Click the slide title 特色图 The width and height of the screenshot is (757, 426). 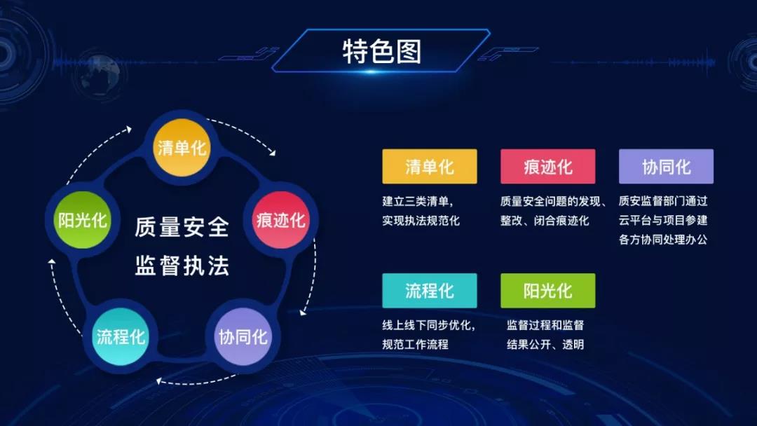(382, 52)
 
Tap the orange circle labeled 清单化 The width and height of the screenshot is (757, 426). (182, 148)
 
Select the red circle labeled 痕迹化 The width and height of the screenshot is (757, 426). (280, 220)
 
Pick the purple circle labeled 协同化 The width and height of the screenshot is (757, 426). (243, 336)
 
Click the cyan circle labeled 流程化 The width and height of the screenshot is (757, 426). (121, 336)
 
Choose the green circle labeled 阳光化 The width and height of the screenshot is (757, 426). (83, 220)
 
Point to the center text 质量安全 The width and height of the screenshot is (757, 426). (182, 227)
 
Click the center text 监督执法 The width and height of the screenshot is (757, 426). (182, 266)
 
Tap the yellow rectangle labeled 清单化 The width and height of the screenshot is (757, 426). (430, 167)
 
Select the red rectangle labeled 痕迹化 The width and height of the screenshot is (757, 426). (548, 167)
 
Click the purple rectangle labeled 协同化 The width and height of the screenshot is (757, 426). (667, 167)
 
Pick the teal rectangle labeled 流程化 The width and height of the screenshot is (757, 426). (430, 291)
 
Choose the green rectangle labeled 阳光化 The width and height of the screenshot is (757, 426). (548, 291)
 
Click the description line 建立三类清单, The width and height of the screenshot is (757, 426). (418, 201)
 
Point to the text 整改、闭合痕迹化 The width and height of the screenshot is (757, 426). (545, 221)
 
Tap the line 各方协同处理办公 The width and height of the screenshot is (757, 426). (663, 240)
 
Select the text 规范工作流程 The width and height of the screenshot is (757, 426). (415, 345)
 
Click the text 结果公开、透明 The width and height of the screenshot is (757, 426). (545, 345)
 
